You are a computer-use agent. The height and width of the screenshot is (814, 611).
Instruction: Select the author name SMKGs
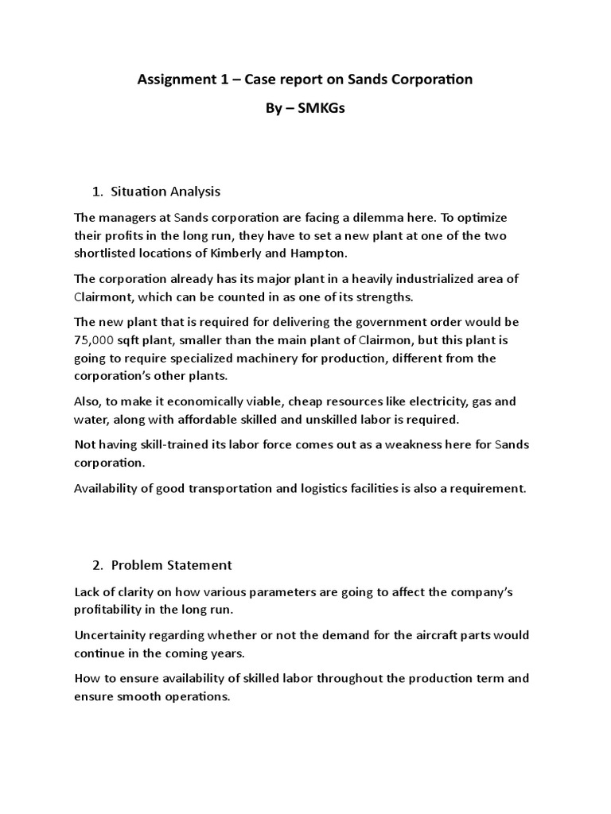click(x=321, y=109)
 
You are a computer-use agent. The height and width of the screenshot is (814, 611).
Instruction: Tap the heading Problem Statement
click(x=171, y=565)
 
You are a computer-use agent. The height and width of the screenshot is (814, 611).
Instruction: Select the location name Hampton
click(x=373, y=252)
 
